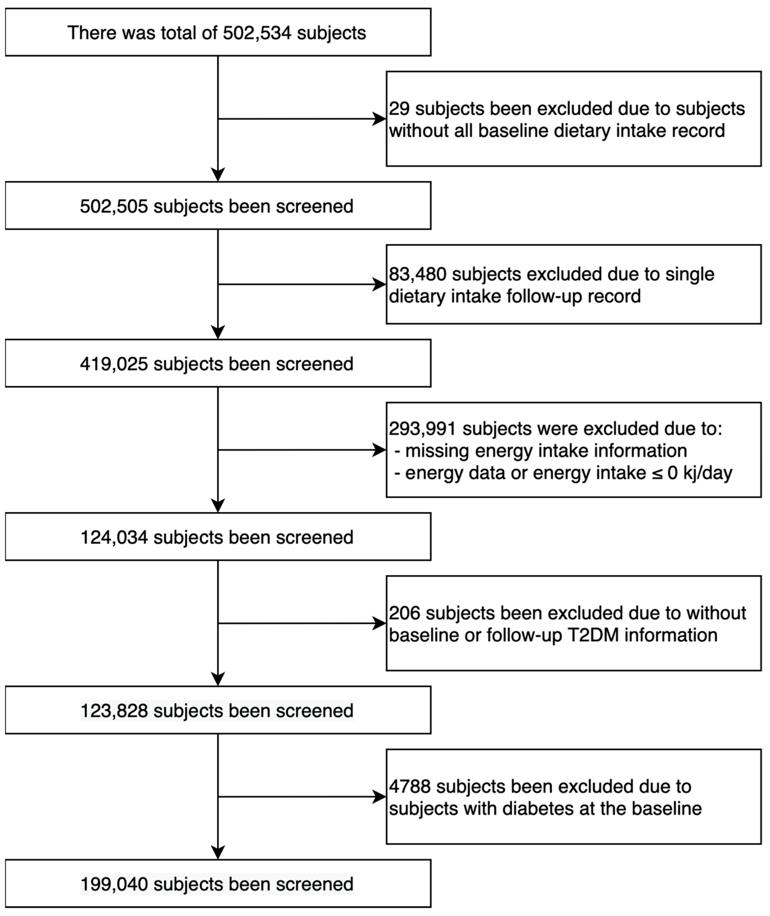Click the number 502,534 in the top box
[257, 33]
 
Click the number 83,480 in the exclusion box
[417, 274]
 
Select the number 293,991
[422, 429]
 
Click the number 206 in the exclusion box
[404, 613]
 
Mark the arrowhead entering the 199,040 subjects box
[218, 852]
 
